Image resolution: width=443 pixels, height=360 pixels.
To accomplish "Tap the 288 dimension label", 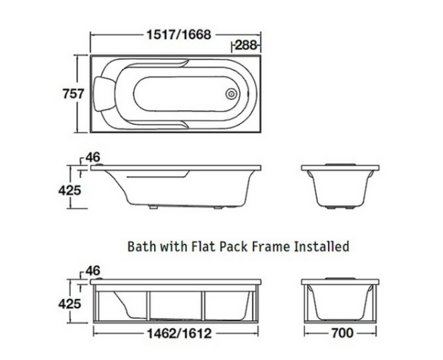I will (245, 46).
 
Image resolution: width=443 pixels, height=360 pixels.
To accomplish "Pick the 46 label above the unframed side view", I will (92, 156).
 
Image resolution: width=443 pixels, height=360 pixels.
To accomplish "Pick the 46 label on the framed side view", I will (92, 269).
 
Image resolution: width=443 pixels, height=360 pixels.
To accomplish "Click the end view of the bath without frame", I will (340, 186).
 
